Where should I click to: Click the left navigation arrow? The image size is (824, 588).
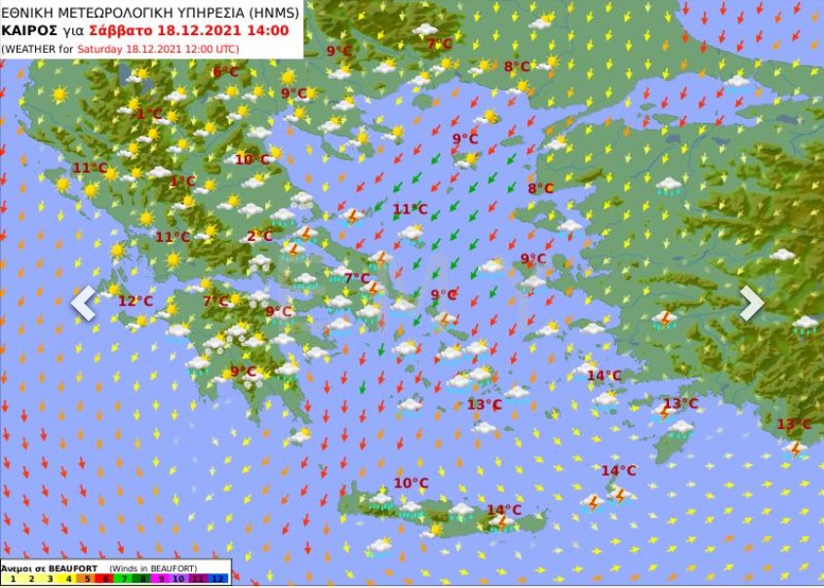coord(83,302)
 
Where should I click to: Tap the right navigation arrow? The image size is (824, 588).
coord(751,302)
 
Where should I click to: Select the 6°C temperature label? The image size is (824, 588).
coord(225,72)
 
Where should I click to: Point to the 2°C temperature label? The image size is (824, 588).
coord(259,236)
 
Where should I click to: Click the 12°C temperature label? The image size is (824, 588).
coord(136,301)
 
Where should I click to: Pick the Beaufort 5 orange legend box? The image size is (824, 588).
coord(87,579)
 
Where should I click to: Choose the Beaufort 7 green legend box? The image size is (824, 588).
coord(125,579)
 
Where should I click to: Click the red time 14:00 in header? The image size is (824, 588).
coord(267,30)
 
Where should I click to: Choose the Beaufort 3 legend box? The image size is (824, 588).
coord(49,579)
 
